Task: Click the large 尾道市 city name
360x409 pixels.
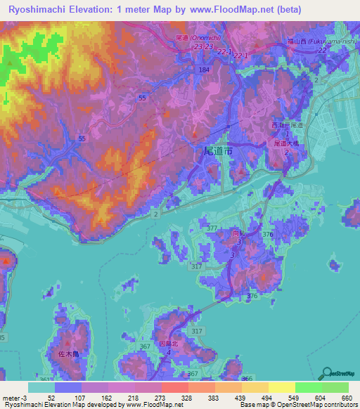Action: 218,151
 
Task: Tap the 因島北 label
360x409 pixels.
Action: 171,344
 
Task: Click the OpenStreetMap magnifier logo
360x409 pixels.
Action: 325,372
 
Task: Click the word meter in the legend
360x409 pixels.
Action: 11,397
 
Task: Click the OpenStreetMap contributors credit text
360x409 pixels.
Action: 316,405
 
